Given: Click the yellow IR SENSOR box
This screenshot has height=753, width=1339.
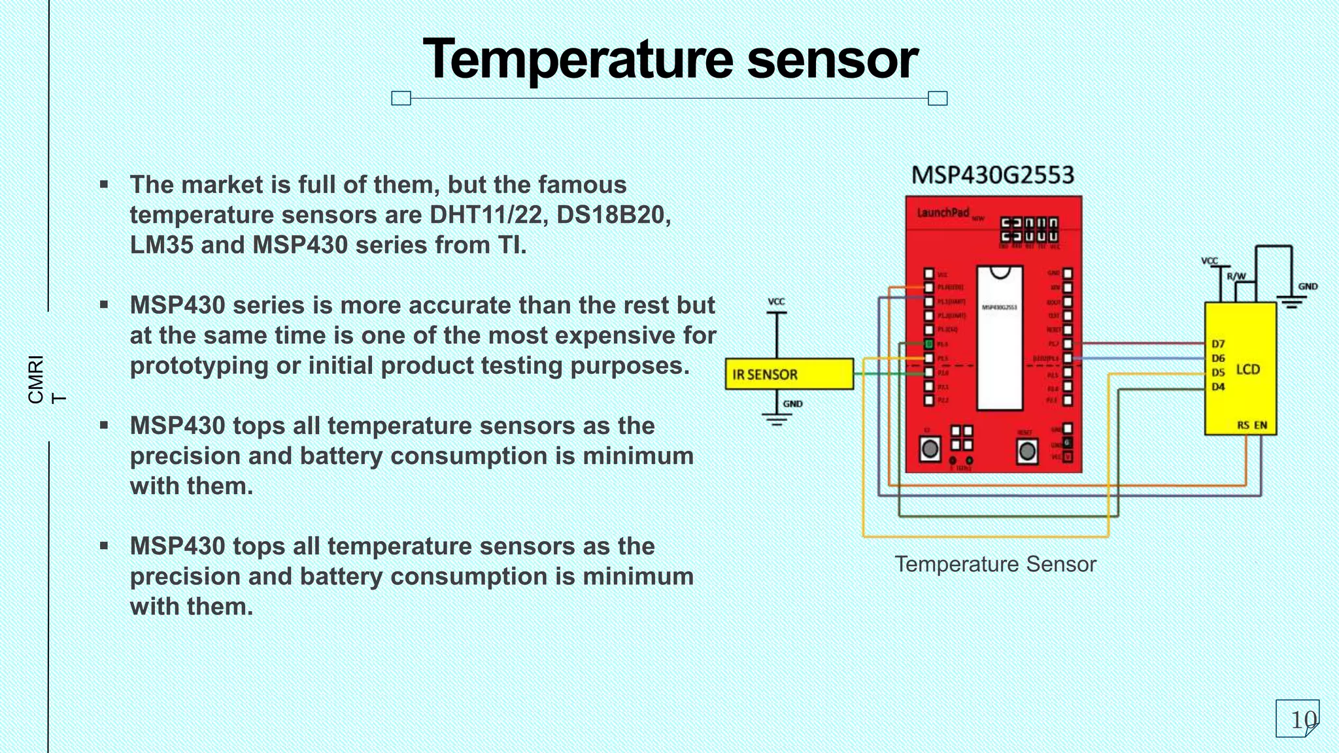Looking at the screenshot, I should pos(789,375).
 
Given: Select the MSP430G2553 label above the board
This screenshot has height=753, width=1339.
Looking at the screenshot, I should pos(992,175).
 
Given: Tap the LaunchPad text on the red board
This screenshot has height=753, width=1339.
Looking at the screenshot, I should pos(942,212).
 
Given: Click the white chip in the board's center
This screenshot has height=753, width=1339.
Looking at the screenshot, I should pos(999,340).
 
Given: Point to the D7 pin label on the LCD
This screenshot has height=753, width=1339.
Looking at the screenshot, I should pos(1218,344).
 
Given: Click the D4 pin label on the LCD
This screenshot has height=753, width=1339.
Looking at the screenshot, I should pos(1218,387).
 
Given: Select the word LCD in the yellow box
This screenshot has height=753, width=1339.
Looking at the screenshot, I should pos(1247,370).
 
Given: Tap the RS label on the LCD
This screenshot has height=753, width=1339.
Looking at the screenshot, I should pos(1243,426).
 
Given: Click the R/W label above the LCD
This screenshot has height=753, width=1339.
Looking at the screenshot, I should pos(1236,276).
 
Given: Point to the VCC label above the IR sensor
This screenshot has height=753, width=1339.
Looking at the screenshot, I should pos(776,302).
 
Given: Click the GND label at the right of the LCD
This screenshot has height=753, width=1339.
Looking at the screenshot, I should pos(1308,287).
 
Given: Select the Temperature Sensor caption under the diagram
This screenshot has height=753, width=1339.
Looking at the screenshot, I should pos(995,564).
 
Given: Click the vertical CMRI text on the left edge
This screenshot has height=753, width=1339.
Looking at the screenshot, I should pos(36,379).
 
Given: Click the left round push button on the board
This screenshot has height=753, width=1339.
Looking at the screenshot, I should pos(930,449).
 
